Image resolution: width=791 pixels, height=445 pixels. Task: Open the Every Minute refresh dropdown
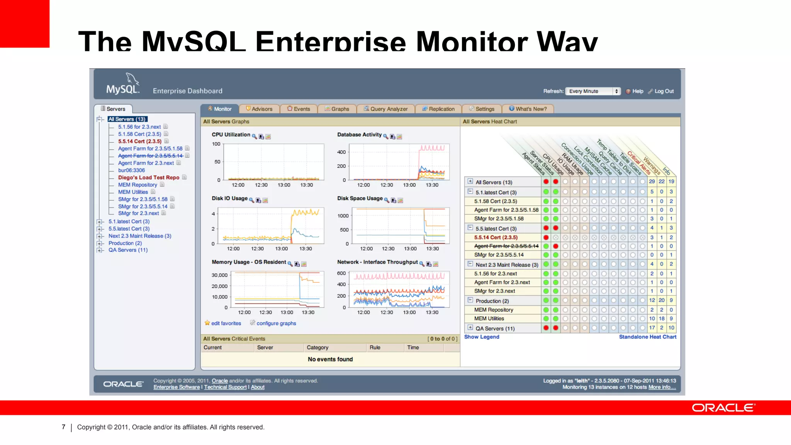point(592,91)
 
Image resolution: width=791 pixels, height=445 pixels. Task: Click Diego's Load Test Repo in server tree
point(149,178)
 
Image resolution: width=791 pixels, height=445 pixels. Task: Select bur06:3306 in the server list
point(131,170)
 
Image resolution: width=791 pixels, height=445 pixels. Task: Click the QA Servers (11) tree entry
point(128,250)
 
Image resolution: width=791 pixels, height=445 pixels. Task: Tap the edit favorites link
point(226,323)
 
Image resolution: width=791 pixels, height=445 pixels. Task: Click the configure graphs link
point(276,323)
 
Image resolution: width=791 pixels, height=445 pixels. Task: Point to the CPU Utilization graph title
point(231,134)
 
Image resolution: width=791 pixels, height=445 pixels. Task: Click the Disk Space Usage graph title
point(360,198)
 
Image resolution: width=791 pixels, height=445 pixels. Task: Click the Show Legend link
point(482,337)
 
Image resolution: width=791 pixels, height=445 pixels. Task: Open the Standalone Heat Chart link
point(647,337)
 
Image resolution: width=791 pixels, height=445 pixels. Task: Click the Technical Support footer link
point(225,387)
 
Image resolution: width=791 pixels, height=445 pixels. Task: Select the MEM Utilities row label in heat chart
point(489,319)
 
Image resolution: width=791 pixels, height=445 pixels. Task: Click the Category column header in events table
point(317,348)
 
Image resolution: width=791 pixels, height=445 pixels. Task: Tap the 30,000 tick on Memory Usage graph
point(219,275)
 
